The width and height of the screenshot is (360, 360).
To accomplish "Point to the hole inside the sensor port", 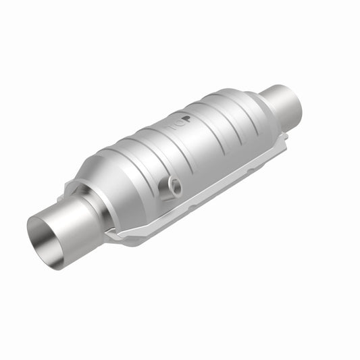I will pos(174,183).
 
